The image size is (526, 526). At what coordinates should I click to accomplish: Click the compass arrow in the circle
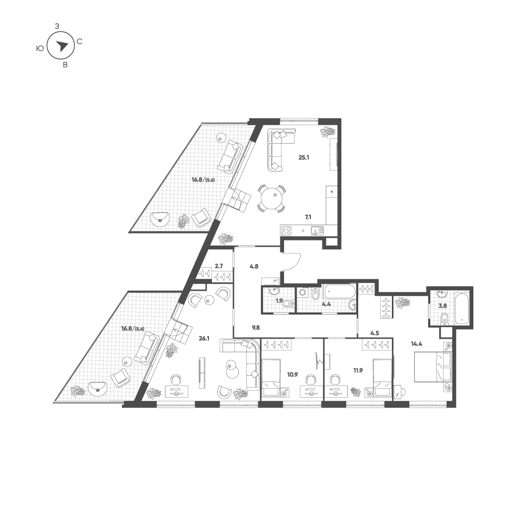tap(62, 46)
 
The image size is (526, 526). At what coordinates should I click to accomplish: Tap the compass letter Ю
tap(39, 48)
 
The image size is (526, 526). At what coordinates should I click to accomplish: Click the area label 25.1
tap(304, 157)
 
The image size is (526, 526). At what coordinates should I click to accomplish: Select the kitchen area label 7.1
tap(308, 217)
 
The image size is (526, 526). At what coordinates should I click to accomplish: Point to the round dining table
tap(271, 198)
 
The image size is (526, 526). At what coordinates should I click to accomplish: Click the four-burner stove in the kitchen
tap(286, 230)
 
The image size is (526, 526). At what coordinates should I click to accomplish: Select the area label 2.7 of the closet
tap(219, 266)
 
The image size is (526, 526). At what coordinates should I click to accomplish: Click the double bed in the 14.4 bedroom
tap(432, 367)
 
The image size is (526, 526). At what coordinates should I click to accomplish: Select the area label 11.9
tap(358, 370)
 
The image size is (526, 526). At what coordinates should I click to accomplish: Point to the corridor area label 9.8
tap(256, 327)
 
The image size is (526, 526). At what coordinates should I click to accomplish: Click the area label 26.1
tap(204, 338)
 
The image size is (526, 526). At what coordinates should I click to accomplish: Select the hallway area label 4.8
tap(254, 267)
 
